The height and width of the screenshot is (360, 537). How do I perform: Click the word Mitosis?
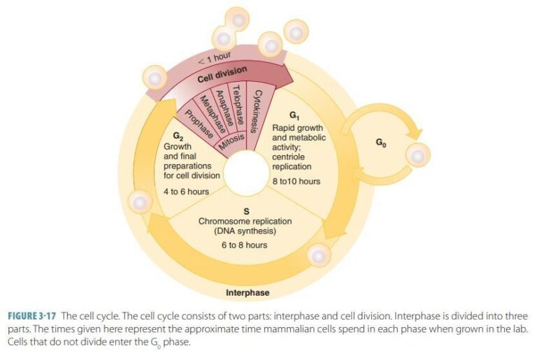click(x=230, y=142)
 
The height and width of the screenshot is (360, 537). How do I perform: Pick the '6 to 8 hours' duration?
click(x=244, y=245)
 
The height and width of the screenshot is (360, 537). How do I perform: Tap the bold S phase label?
click(x=244, y=211)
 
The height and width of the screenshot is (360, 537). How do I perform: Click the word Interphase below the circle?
click(x=248, y=292)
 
